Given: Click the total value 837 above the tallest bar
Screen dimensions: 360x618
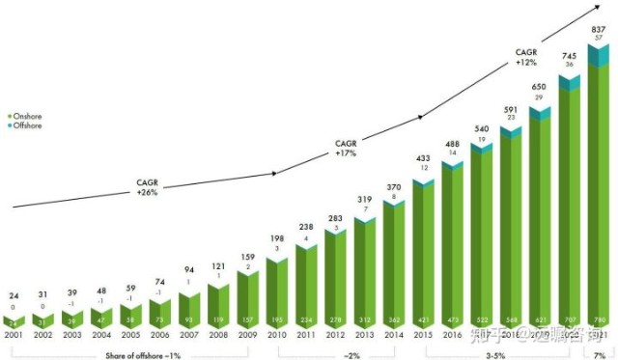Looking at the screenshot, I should tap(598, 27).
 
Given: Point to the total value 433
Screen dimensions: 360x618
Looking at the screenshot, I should tap(423, 158).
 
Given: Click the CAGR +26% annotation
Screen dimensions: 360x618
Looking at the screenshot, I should tap(148, 186).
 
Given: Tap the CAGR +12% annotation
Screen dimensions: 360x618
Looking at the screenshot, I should tap(525, 57).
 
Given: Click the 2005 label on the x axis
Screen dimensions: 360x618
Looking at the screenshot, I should tap(130, 335).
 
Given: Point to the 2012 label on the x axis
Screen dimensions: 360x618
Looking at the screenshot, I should tap(335, 335).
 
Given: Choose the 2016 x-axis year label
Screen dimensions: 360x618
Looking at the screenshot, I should tap(452, 335).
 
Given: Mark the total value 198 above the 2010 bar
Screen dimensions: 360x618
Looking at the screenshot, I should tap(277, 237).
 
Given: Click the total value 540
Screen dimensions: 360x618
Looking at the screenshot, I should tap(481, 128).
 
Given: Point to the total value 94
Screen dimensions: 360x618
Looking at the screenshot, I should tap(189, 270).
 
